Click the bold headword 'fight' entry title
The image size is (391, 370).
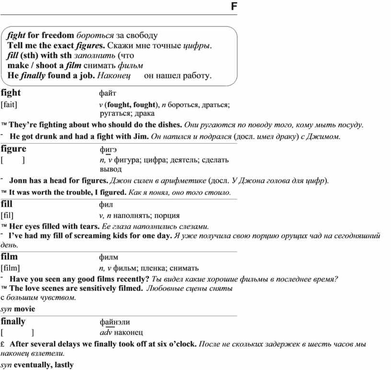pos(11,92)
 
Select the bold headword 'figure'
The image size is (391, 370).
pos(13,149)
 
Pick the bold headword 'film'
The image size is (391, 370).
pos(9,257)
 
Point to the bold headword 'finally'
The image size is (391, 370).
pos(13,321)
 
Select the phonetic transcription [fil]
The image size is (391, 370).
pos(7,215)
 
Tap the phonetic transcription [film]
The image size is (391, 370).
pos(10,269)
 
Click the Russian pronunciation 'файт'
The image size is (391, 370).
pos(107,93)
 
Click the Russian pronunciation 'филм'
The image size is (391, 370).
pos(108,258)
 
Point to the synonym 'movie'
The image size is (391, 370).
pos(24,309)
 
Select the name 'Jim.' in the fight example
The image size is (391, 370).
pos(141,136)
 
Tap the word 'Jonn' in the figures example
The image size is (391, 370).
pos(19,180)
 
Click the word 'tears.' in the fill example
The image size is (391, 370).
pos(88,226)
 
